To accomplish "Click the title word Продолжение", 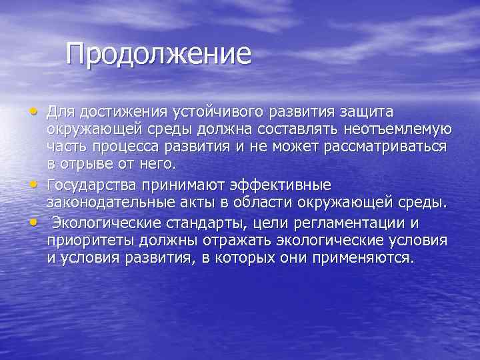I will tap(159, 54).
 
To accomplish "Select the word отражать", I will tap(211, 241).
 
